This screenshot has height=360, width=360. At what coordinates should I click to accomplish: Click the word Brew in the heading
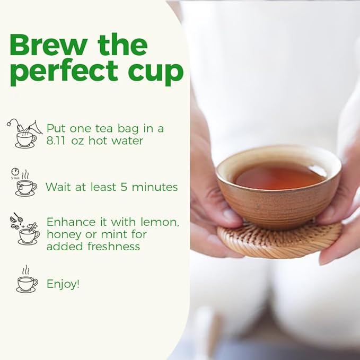click(x=49, y=45)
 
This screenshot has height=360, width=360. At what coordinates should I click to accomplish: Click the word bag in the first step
click(x=128, y=129)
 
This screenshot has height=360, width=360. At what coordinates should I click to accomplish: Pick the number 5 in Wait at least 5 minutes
click(x=124, y=187)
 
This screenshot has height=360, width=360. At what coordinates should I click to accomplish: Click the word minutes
click(x=155, y=187)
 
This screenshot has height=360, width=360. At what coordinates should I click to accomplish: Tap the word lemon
click(x=160, y=222)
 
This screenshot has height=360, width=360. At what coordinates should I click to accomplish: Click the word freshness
click(x=113, y=247)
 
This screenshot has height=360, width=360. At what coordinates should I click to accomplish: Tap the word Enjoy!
click(x=63, y=284)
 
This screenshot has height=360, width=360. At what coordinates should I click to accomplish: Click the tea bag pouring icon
click(x=25, y=134)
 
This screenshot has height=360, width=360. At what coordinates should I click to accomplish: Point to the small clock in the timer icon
click(x=15, y=171)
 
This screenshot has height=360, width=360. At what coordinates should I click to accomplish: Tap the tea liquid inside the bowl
click(x=279, y=177)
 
